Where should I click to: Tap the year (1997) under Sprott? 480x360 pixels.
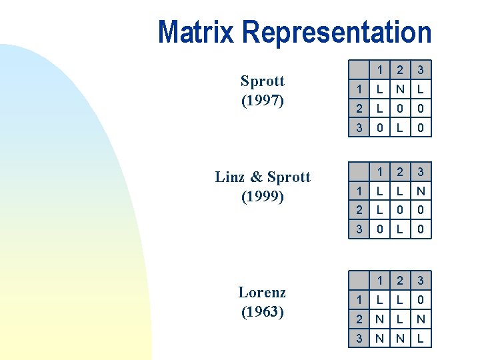click(x=262, y=101)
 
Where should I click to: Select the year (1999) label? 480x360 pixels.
click(x=262, y=197)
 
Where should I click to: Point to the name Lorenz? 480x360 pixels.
click(x=262, y=292)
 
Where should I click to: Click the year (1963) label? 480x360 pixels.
click(x=262, y=311)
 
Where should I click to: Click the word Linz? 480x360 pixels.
click(x=231, y=177)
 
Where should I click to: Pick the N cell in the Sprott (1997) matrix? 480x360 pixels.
click(x=400, y=89)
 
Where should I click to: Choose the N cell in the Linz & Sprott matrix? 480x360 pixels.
click(x=420, y=191)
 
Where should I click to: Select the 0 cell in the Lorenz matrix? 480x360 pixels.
click(x=420, y=300)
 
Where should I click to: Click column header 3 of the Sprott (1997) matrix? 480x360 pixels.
click(x=420, y=69)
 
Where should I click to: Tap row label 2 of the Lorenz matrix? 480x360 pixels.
click(x=359, y=319)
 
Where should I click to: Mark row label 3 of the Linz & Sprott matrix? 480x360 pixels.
click(x=359, y=229)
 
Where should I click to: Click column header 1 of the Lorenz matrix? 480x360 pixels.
click(x=380, y=281)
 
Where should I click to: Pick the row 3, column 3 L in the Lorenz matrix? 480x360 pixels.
click(x=420, y=339)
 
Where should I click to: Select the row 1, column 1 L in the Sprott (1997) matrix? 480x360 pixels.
click(x=380, y=89)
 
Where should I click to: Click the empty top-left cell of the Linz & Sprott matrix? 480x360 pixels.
click(x=359, y=172)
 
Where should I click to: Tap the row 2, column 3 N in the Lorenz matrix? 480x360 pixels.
click(x=420, y=319)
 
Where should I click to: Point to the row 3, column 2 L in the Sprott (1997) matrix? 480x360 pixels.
click(x=400, y=127)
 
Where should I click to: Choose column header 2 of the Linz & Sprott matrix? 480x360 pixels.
click(x=400, y=172)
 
